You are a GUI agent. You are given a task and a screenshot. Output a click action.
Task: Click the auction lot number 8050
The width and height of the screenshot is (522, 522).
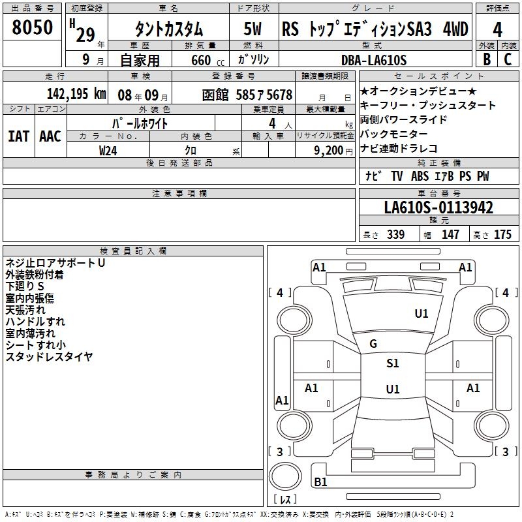[32, 27]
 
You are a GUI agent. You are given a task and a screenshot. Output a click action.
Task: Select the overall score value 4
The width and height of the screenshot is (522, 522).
[497, 29]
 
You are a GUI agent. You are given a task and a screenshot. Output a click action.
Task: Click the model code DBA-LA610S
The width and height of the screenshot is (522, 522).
[373, 60]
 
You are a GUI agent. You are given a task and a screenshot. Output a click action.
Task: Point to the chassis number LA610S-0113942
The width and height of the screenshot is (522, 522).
[438, 207]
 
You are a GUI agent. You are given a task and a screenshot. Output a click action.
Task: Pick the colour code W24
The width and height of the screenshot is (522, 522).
[108, 150]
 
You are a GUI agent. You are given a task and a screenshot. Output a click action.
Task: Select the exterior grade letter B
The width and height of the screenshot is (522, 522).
[486, 59]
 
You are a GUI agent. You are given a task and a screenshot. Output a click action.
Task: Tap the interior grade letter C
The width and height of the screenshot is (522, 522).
[508, 59]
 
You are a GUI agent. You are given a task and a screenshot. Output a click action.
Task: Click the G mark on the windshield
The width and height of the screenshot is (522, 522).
[373, 344]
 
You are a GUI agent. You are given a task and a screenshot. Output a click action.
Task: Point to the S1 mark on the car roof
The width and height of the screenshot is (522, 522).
[392, 363]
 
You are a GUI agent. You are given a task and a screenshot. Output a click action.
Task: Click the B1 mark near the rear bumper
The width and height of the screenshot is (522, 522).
[320, 482]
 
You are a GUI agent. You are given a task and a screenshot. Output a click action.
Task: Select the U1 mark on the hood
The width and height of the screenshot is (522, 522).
[422, 314]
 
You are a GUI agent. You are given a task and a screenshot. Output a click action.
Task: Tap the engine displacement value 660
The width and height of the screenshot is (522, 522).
[201, 60]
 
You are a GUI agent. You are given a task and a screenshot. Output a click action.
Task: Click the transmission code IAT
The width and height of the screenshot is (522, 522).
[18, 136]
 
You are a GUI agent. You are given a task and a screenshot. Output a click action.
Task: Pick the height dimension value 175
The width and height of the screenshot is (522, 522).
[502, 235]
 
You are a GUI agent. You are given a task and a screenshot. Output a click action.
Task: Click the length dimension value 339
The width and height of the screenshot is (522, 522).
[395, 235]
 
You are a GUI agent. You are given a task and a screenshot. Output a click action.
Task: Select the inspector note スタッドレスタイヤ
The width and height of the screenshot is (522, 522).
[50, 356]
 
